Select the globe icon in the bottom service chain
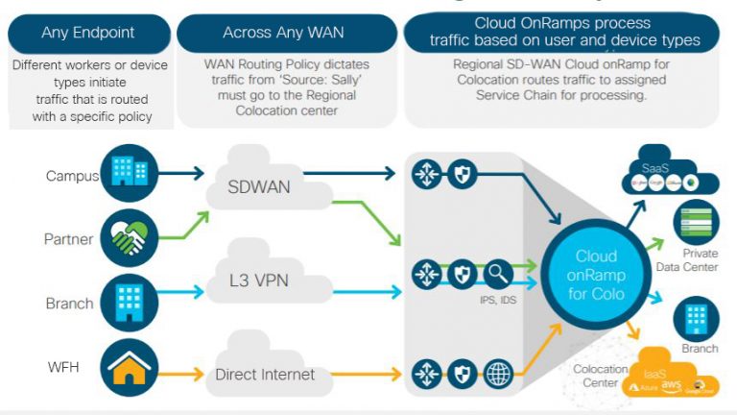point(499,374)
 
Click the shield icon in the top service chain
point(462,174)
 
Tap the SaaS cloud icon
point(674,173)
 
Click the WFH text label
point(61,367)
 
